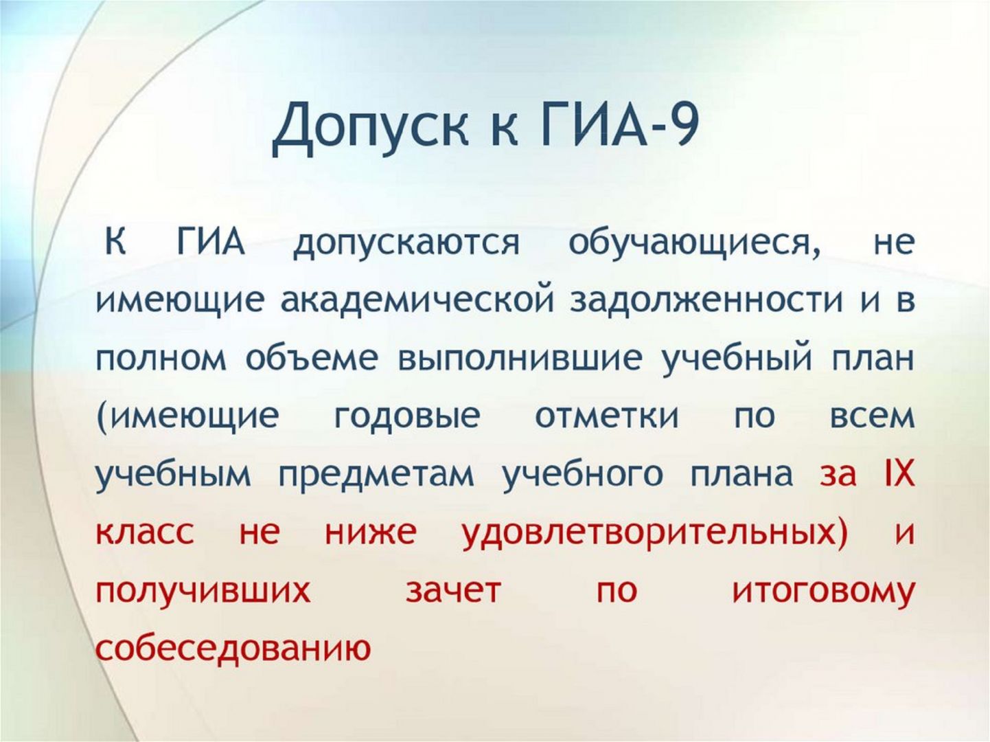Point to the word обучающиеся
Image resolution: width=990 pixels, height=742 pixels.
693,244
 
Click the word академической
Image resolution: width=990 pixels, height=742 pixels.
417,301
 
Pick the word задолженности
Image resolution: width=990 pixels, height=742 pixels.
706,302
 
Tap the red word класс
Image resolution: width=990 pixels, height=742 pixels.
145,533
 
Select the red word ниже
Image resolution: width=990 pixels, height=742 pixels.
370,533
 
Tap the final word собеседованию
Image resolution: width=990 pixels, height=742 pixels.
233,648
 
